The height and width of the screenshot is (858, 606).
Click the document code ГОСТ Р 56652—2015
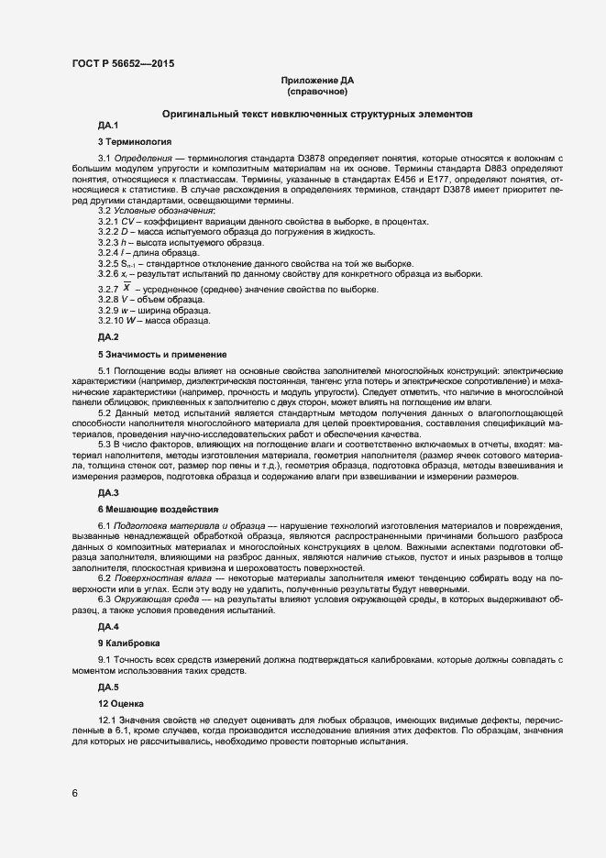(x=123, y=63)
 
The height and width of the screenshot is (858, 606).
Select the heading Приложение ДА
(x=316, y=81)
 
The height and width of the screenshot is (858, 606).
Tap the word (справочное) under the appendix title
(x=316, y=93)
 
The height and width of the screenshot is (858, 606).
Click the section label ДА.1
(x=108, y=125)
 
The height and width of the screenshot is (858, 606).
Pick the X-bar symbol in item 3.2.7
(x=127, y=289)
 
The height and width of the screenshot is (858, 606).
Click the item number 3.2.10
(x=112, y=320)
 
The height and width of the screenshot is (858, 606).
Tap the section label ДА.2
(x=108, y=337)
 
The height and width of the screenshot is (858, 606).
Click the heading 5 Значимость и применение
(x=162, y=354)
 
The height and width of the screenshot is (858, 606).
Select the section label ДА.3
(x=108, y=492)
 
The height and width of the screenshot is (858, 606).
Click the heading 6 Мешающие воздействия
(x=158, y=509)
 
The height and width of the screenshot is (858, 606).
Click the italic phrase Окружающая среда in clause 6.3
(x=153, y=599)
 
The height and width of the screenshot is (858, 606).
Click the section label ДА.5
(x=108, y=687)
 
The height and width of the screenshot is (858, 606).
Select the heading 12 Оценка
(x=121, y=703)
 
